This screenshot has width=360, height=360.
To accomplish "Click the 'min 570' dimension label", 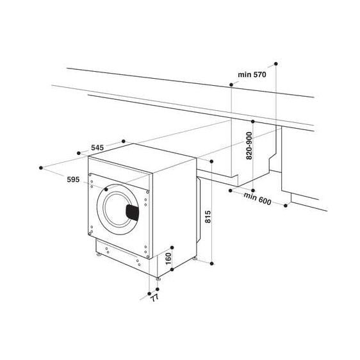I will tap(251, 75).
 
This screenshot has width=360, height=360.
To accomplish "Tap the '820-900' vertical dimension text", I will tap(249, 147).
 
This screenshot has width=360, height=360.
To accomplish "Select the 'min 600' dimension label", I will tap(256, 199).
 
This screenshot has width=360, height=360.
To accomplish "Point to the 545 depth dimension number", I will tap(97, 148).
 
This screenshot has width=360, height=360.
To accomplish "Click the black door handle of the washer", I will tap(131, 213).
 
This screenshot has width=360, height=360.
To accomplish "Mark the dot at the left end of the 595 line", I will tap(42, 167).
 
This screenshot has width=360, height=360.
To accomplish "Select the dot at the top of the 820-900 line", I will tap(253, 121).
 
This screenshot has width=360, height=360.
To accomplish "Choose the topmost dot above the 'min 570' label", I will tap(276, 63).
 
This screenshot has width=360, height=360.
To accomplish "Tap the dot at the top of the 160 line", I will tap(174, 245).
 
